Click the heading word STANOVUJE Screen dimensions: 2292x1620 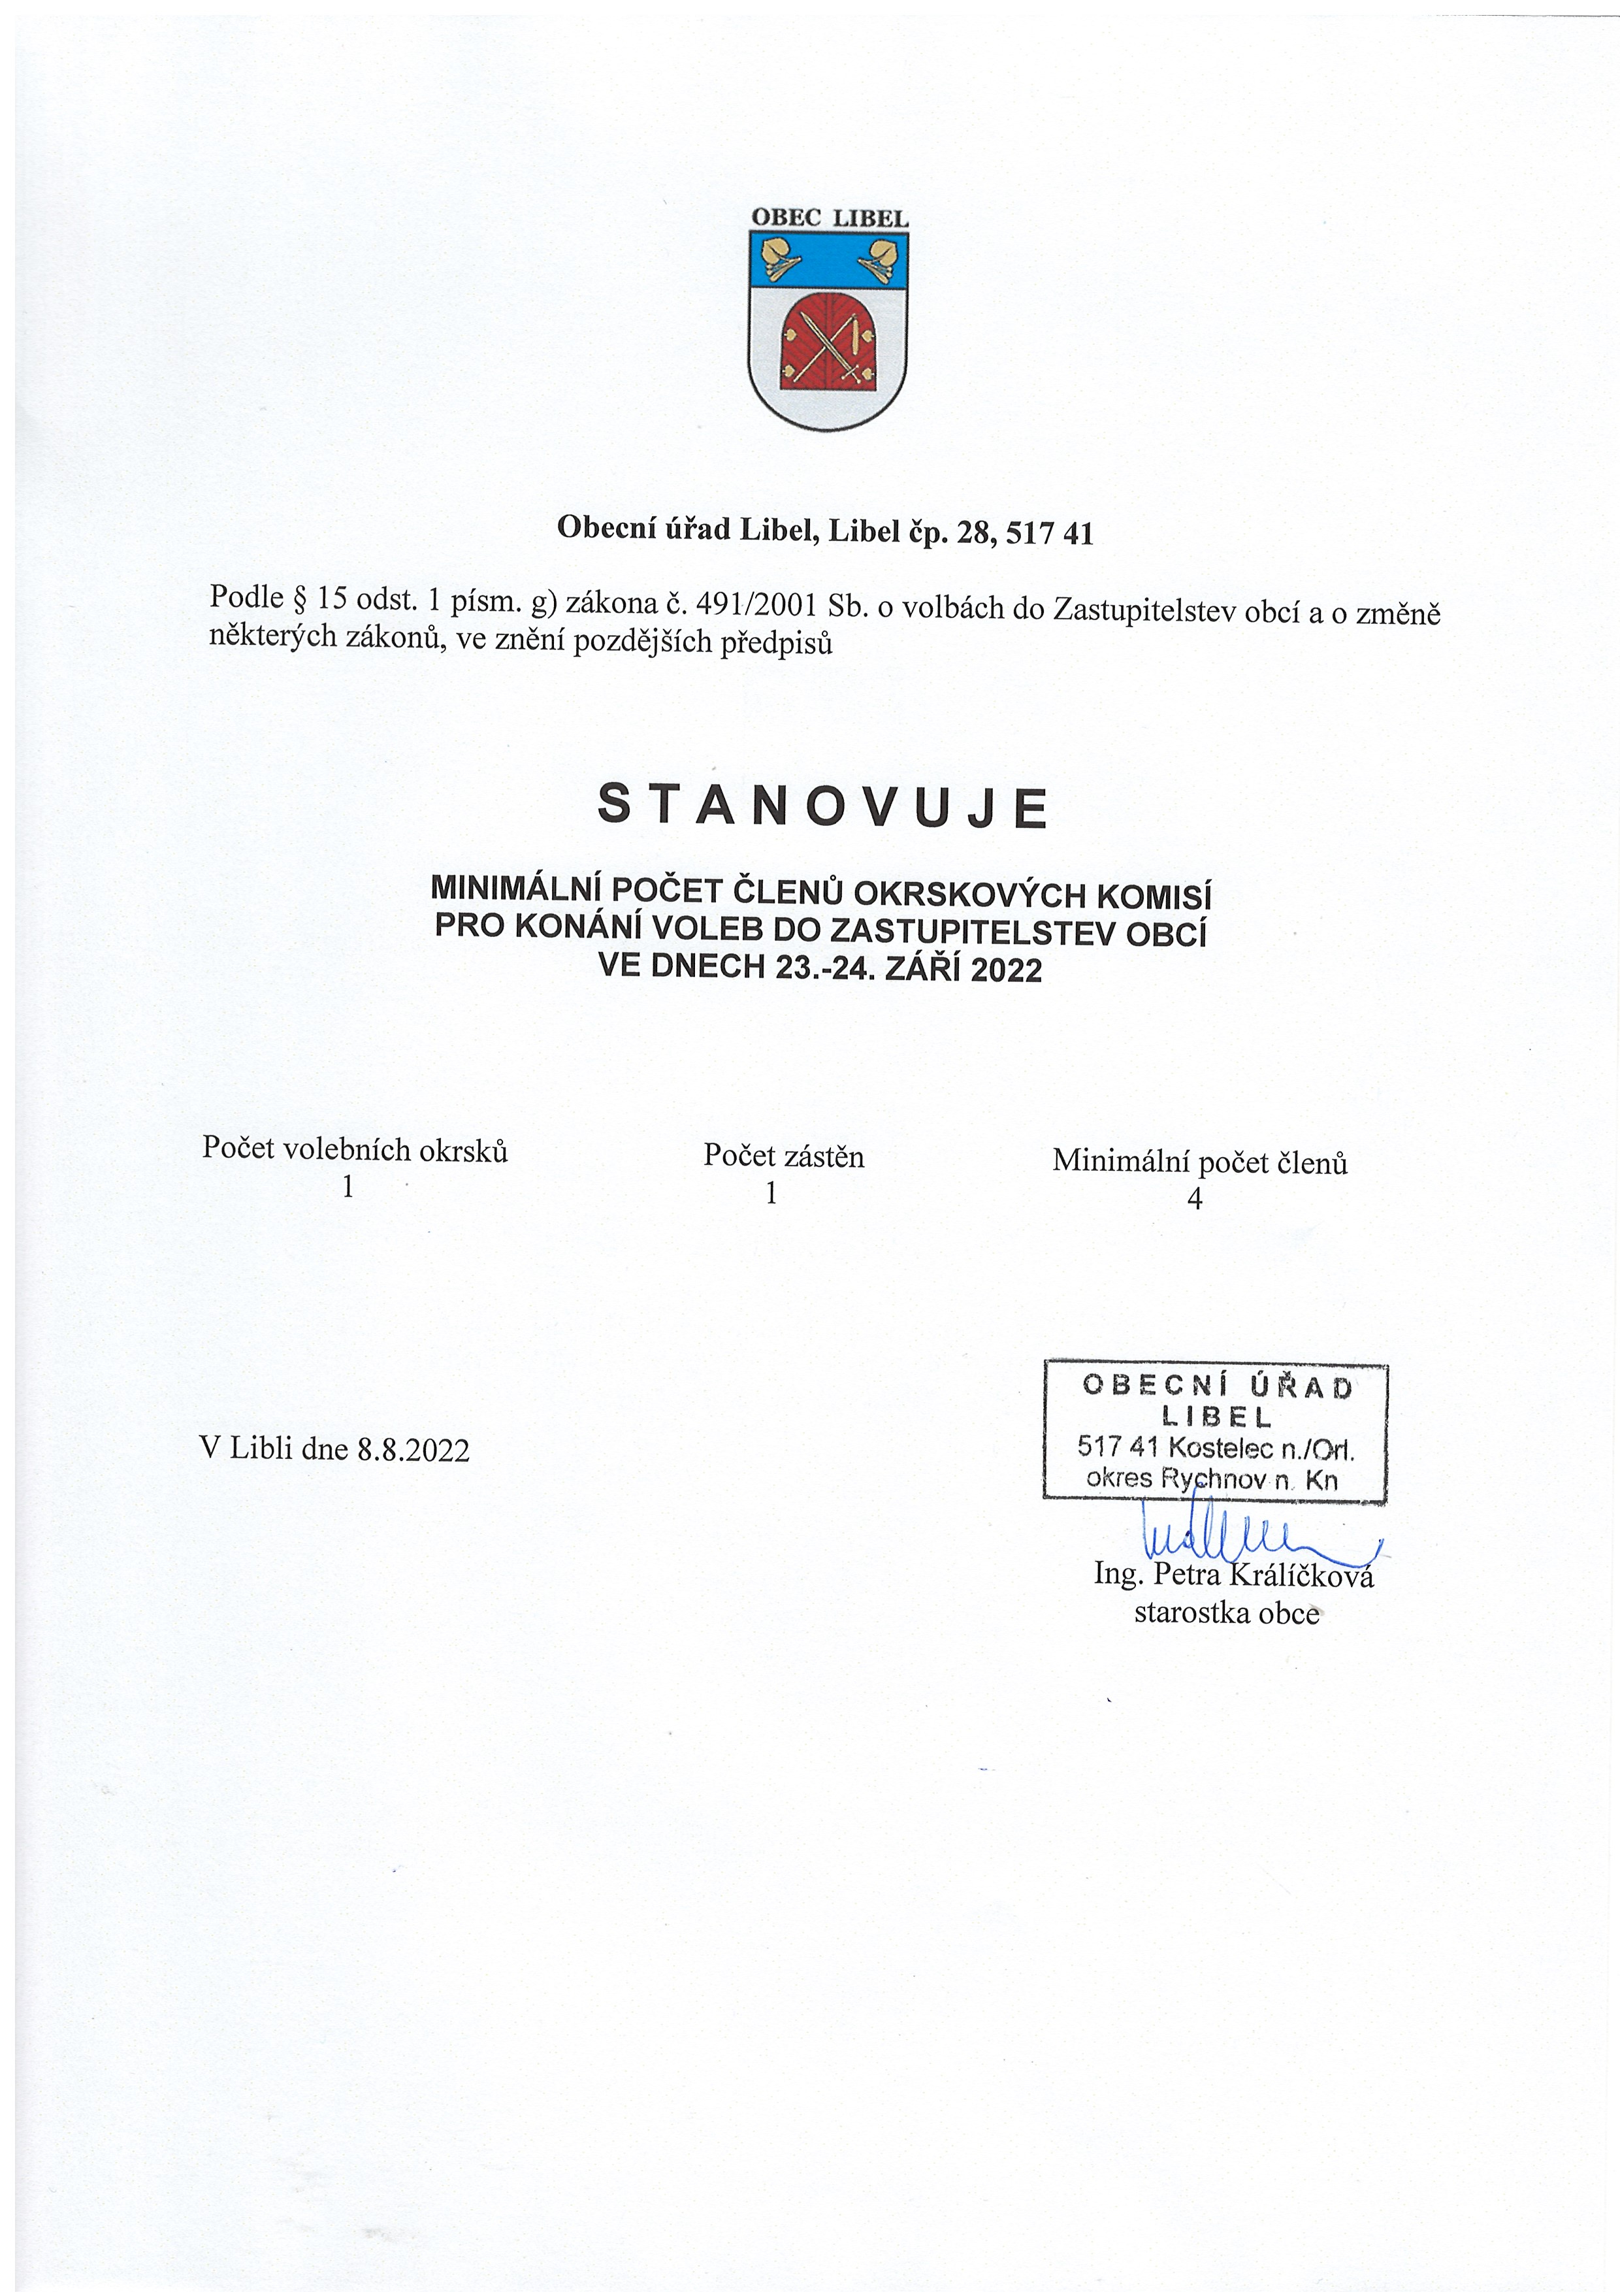pos(824,807)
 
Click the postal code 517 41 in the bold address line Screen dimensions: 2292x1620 pos(1049,534)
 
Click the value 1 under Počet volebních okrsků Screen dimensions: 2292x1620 pos(348,1187)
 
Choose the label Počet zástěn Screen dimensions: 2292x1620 pos(784,1156)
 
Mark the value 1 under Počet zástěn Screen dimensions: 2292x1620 pos(771,1193)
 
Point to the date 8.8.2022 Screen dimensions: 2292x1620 pos(413,1449)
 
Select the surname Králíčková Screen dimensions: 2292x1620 pos(1301,1575)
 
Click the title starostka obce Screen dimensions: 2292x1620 pos(1227,1613)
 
